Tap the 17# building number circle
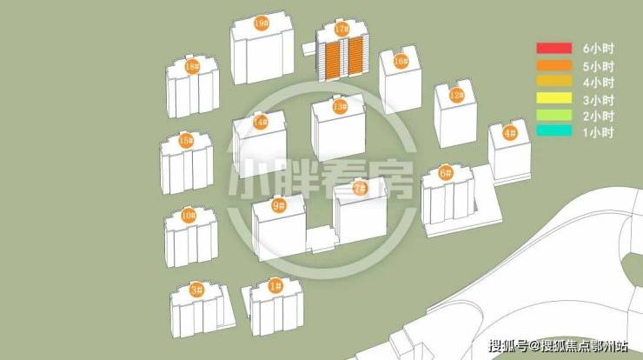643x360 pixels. [x=341, y=30]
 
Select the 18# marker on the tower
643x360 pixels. [x=191, y=66]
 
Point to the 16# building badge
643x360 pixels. [x=401, y=62]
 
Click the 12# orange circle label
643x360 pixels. [x=456, y=96]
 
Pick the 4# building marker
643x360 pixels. [x=510, y=133]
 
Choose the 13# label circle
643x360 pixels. [x=340, y=107]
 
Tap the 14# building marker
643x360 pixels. [x=261, y=122]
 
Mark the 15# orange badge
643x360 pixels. [x=186, y=141]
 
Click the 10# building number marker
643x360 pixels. [x=189, y=215]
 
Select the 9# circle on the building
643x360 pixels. [x=279, y=205]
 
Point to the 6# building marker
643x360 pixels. [x=446, y=173]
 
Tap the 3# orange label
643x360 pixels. [x=196, y=290]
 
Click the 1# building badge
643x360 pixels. [x=275, y=286]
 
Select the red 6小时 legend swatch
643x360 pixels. [x=554, y=48]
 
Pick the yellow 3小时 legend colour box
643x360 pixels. [x=554, y=97]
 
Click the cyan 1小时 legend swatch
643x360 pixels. [x=554, y=131]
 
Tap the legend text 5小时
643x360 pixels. [x=599, y=66]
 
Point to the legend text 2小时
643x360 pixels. [x=599, y=117]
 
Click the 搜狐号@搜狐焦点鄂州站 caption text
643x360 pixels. [x=558, y=345]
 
